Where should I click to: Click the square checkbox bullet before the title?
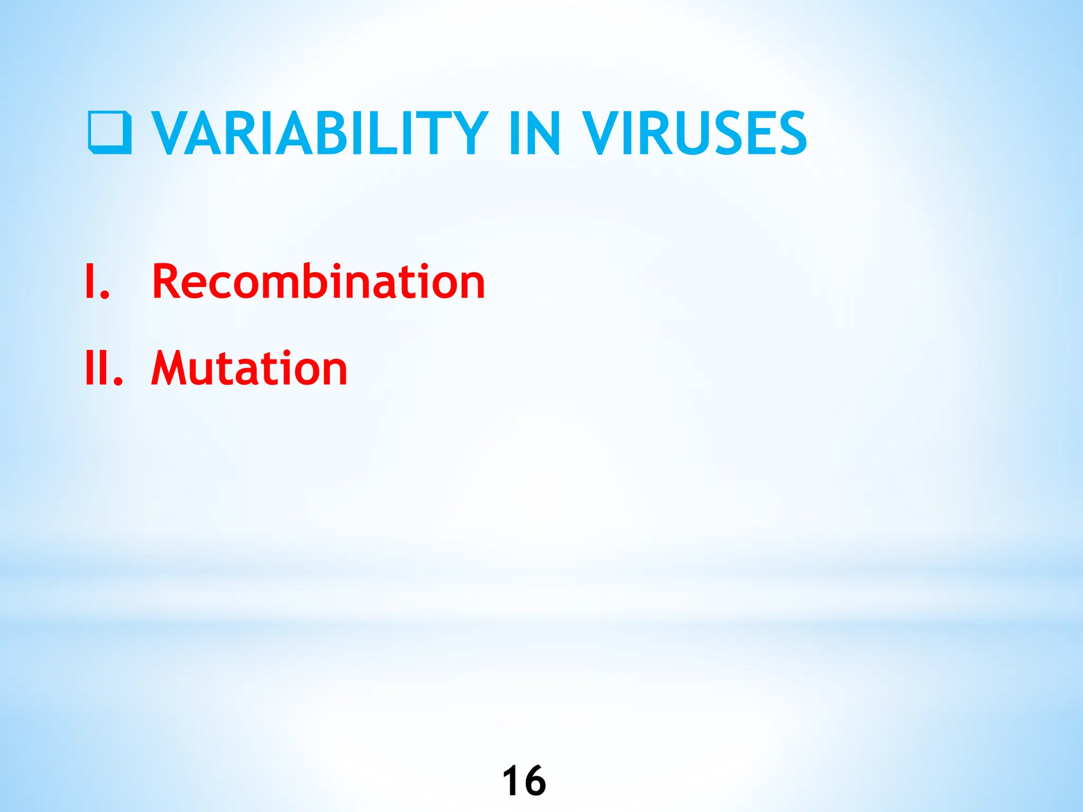coord(109,132)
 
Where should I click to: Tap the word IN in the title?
coord(534,133)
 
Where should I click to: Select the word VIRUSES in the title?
coord(694,133)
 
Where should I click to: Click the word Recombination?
coord(318,282)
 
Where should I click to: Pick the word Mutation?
coord(249,368)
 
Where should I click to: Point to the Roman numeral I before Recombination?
coord(90,282)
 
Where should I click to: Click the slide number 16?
coord(524,780)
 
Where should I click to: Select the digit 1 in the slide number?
coord(510,780)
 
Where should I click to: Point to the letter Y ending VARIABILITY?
coord(468,133)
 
